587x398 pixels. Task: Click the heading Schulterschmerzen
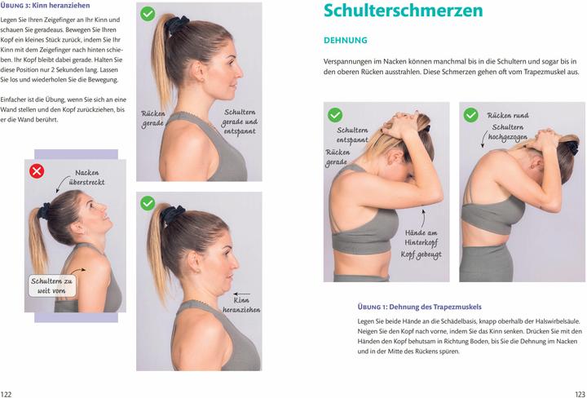[x=403, y=11]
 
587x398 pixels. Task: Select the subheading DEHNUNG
[x=346, y=40]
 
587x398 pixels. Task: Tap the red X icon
[x=37, y=171]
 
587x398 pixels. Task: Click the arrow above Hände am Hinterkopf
[x=424, y=218]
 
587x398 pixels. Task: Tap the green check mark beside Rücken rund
[x=470, y=115]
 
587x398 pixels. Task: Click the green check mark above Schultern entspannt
[x=334, y=115]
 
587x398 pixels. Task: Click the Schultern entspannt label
[x=351, y=135]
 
